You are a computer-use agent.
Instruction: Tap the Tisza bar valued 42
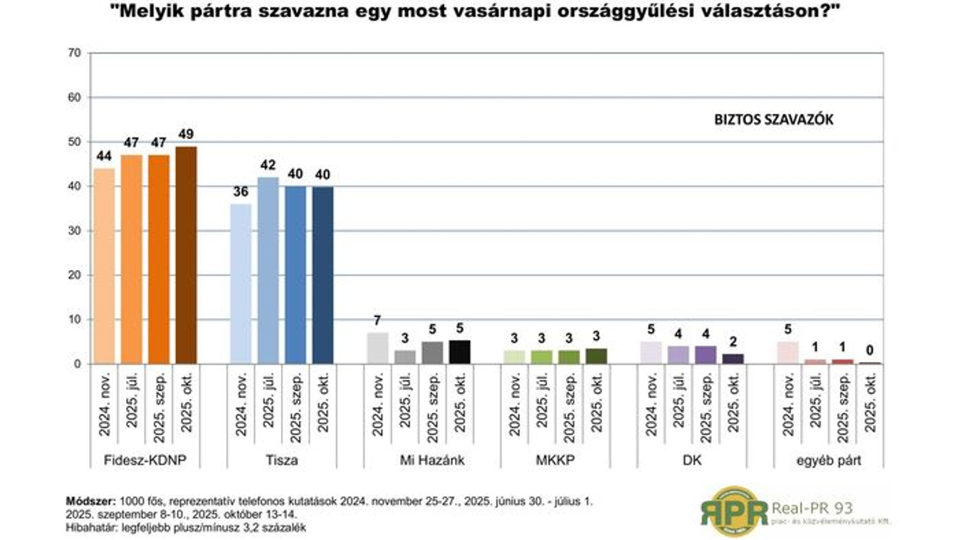click(x=268, y=271)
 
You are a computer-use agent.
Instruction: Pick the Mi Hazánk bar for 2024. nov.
click(x=378, y=348)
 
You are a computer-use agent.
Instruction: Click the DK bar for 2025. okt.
click(x=733, y=359)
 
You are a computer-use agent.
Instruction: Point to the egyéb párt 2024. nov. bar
click(x=788, y=353)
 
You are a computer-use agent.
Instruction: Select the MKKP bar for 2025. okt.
click(x=597, y=356)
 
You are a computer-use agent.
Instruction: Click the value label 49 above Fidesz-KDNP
click(x=186, y=135)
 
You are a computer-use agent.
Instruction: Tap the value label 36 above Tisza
click(x=241, y=192)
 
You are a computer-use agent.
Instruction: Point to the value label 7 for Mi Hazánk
click(x=378, y=321)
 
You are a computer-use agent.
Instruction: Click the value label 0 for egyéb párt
click(x=870, y=351)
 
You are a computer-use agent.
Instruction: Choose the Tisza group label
click(x=281, y=460)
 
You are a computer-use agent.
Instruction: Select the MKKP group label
click(x=555, y=460)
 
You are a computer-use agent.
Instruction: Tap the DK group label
click(x=692, y=460)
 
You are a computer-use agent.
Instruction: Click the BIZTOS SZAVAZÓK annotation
click(x=773, y=120)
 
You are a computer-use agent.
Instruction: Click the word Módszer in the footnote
click(x=92, y=500)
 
